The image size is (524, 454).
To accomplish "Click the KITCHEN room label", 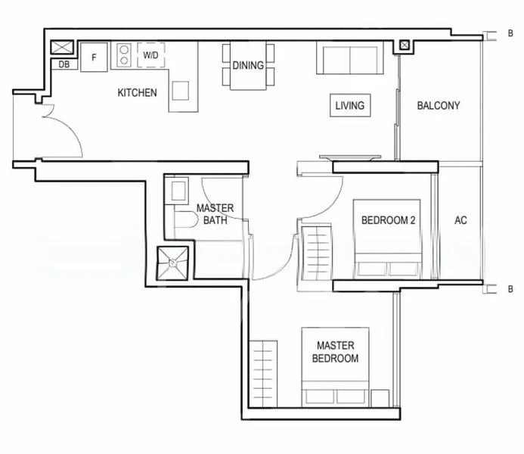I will [x=137, y=93].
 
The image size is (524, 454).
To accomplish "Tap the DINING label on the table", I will [x=248, y=65].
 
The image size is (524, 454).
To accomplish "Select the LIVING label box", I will [x=349, y=105].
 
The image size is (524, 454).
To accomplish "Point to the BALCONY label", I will [x=438, y=105].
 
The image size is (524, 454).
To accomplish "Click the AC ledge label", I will [x=460, y=221].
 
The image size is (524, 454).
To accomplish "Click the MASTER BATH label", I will [x=215, y=214].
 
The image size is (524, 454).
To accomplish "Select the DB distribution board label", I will [x=64, y=64].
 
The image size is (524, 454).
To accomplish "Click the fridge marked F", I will [x=95, y=58].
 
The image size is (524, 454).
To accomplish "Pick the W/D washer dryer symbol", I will [x=150, y=54].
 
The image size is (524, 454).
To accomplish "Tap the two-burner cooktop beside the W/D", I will [x=123, y=55].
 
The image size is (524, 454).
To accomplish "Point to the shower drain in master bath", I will [x=173, y=263].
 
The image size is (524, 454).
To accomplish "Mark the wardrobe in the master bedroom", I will [x=265, y=374].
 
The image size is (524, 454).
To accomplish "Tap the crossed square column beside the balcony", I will [x=405, y=45].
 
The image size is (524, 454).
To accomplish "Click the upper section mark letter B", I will [x=511, y=34].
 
